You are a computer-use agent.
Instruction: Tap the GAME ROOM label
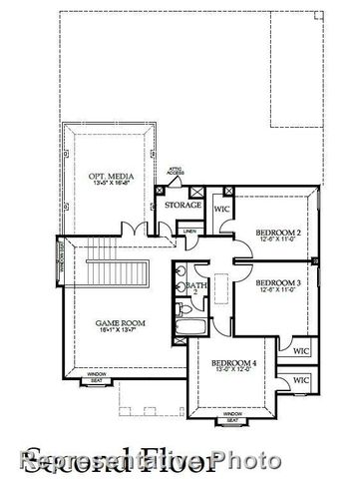click(x=116, y=322)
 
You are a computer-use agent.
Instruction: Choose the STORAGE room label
click(x=183, y=206)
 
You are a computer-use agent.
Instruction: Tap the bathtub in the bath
click(x=187, y=325)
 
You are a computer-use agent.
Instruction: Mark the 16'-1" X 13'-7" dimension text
click(x=116, y=331)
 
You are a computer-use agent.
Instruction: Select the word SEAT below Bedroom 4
click(x=231, y=421)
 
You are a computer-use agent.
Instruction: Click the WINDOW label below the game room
click(x=98, y=374)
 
